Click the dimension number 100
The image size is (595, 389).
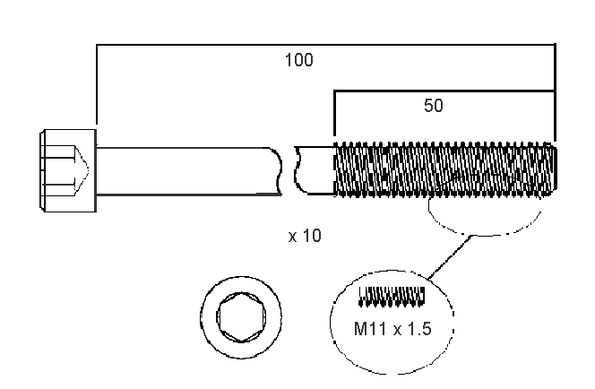(298, 61)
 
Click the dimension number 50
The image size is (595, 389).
(434, 106)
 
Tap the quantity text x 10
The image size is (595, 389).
(305, 237)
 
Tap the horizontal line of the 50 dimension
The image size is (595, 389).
(444, 91)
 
